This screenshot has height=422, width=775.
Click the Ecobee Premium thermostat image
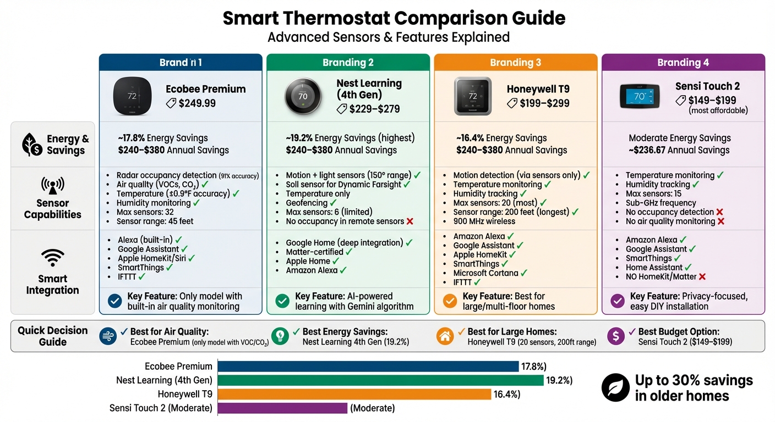coord(132,96)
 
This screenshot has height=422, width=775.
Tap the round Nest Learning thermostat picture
coord(303,96)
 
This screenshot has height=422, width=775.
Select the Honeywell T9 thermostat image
coord(472,96)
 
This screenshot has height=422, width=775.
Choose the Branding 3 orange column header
coord(516,62)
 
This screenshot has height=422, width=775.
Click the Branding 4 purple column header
coord(683,62)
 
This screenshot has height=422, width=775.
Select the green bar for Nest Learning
coord(380,380)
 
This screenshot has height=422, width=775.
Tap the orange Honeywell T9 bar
coord(354,395)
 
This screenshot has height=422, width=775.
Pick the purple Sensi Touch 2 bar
coord(283,408)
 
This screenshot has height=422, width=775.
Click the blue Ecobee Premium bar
coord(368,367)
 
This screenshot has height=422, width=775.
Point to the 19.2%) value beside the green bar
coord(559,380)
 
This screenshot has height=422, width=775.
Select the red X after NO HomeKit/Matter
coord(702,277)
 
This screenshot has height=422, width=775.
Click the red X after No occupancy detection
coord(719,212)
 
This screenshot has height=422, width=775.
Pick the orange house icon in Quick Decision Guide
coord(445,336)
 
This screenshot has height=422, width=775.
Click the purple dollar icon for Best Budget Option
coord(615,336)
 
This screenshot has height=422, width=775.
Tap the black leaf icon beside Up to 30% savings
coord(615,387)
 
